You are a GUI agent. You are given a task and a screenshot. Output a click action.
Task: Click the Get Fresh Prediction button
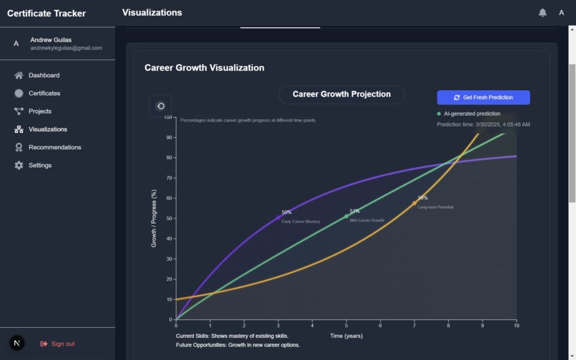click(483, 97)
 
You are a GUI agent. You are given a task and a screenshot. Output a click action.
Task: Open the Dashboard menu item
click(44, 75)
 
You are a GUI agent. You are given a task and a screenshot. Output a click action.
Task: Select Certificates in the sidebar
click(44, 93)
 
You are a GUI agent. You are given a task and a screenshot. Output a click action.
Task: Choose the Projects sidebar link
click(39, 111)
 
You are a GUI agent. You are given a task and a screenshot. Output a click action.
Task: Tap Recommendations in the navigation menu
click(54, 147)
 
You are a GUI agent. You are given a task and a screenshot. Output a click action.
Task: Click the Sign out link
click(61, 344)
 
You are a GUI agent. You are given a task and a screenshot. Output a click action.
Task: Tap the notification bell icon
click(542, 13)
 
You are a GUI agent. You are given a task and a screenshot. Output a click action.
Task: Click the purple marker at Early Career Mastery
click(279, 217)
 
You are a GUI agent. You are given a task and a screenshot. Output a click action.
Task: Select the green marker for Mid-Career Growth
click(347, 216)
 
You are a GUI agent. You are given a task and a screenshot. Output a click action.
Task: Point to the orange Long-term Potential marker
click(414, 204)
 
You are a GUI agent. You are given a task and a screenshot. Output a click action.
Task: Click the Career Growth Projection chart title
click(342, 94)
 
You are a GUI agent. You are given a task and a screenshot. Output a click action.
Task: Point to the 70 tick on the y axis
click(169, 178)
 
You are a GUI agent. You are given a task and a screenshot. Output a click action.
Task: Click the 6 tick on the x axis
click(380, 326)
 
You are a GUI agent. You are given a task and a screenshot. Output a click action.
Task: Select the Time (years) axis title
click(346, 336)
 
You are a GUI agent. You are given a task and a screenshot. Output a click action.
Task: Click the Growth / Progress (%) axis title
click(154, 219)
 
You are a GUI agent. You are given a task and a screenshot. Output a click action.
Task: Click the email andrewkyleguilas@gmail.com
click(66, 49)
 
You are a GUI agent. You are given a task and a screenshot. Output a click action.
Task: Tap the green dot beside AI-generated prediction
click(439, 114)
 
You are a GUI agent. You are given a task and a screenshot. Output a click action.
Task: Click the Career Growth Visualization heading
click(204, 68)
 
